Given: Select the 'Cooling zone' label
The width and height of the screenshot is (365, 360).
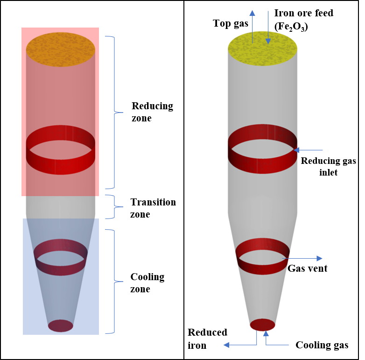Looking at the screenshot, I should (147, 283).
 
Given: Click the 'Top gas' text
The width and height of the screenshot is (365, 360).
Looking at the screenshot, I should (230, 23).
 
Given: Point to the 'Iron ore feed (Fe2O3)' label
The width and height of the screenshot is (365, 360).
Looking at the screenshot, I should (303, 20).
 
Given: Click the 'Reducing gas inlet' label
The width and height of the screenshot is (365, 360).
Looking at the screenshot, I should (328, 167).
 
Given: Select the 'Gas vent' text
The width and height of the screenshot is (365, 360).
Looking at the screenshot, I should (307, 268).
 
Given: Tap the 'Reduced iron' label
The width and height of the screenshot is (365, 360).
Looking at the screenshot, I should (207, 339).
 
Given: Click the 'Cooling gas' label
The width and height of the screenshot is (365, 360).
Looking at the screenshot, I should (322, 345).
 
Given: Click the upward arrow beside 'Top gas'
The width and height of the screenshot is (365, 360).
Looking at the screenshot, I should (253, 26).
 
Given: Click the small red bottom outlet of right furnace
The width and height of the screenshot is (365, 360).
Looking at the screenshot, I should (262, 325).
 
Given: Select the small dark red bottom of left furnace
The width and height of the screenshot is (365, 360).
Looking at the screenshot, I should (61, 325).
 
